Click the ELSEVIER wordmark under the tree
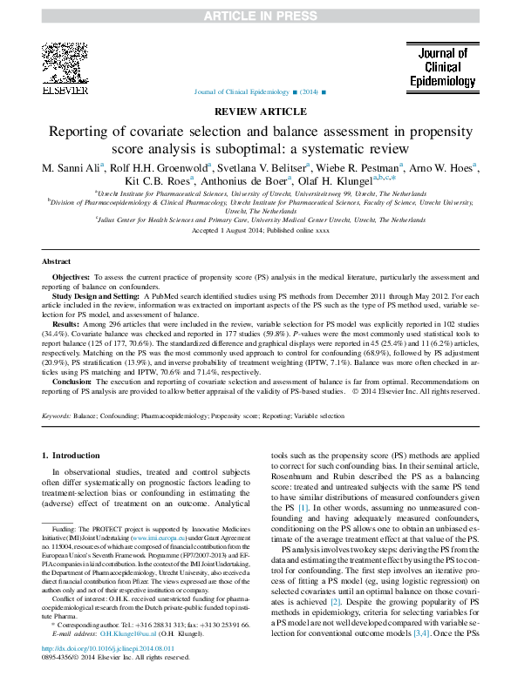coord(65,89)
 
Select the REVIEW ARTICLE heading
coord(258,112)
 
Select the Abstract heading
coord(58,261)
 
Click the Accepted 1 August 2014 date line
coord(259,230)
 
